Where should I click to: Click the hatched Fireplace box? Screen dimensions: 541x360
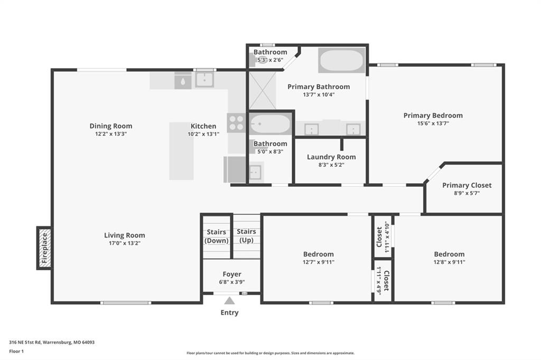point(44,248)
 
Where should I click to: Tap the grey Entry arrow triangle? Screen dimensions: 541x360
point(229,301)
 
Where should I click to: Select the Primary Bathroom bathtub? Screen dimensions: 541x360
point(341,60)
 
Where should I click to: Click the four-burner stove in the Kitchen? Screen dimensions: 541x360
point(236,123)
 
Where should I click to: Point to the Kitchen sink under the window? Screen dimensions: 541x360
point(204,80)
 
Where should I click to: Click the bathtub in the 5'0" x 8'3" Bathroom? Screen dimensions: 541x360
point(270,124)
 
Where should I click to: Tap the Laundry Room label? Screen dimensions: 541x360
point(331,157)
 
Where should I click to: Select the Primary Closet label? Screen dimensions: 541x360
point(467,185)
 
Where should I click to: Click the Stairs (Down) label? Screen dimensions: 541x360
point(216,236)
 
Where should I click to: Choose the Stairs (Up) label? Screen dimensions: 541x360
point(246,236)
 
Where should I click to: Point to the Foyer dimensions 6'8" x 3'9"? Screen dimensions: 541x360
point(232,282)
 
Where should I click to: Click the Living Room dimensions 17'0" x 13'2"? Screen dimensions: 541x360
point(125,243)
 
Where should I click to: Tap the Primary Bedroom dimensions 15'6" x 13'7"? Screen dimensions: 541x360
point(433,123)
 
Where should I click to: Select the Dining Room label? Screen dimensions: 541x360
point(111,126)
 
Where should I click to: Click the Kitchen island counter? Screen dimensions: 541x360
point(181,151)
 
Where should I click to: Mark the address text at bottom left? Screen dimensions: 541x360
point(52,343)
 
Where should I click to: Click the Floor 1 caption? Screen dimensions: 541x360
point(16,352)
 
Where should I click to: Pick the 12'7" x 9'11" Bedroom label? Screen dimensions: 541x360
point(319,254)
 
